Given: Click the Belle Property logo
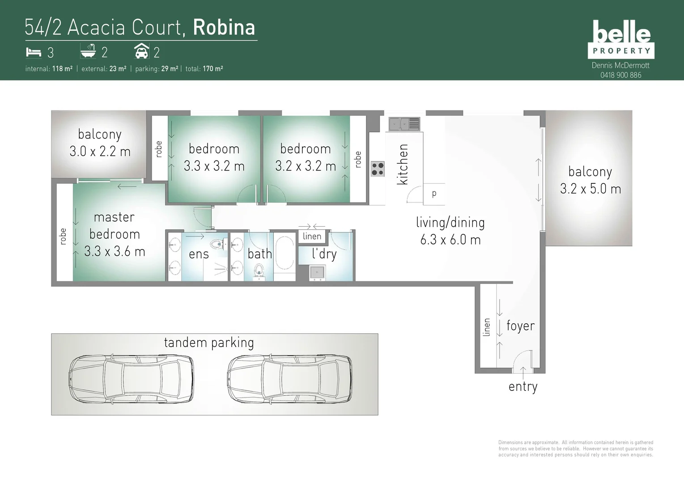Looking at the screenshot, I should click(x=621, y=39).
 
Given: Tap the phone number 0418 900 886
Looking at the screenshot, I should click(x=620, y=75).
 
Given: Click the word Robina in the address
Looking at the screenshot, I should click(x=224, y=27).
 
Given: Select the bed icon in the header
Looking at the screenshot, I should click(x=33, y=52).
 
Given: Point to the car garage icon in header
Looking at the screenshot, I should click(x=141, y=52).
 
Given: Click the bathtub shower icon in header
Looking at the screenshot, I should click(x=88, y=52).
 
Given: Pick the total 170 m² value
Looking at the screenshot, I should click(x=213, y=69).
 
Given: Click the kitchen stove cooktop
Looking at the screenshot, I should click(x=378, y=169).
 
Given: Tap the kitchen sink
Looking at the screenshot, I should click(x=404, y=123).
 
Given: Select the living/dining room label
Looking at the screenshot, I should click(x=450, y=231).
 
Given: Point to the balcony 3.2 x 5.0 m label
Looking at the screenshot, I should click(x=590, y=180).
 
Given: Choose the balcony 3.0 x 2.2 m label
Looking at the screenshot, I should click(x=100, y=143).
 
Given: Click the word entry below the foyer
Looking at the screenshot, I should click(x=523, y=386).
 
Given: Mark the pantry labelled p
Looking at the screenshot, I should click(x=434, y=194).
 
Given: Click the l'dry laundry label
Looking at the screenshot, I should click(x=324, y=254).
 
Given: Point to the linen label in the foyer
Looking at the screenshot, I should click(x=487, y=327).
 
